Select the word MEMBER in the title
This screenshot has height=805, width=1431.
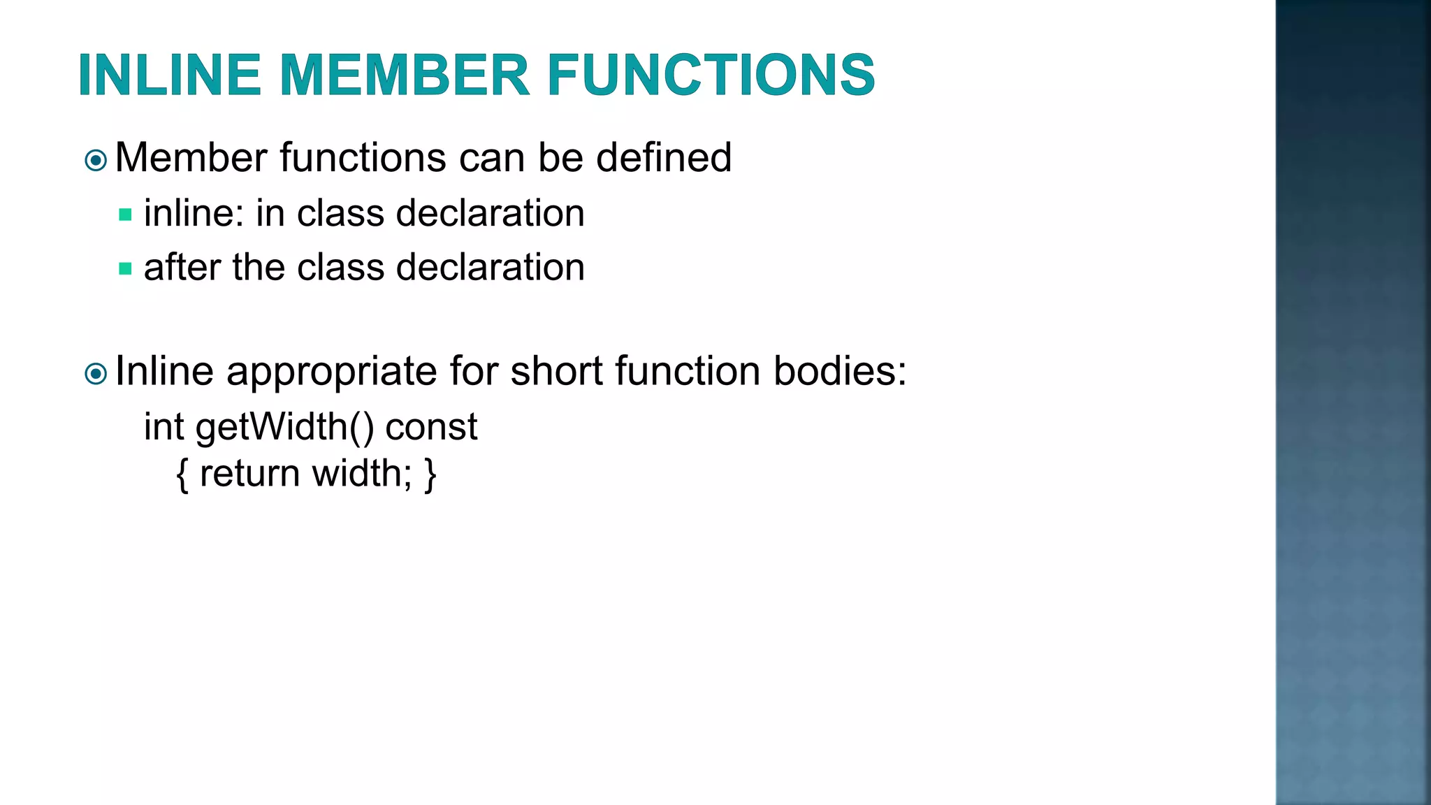click(405, 75)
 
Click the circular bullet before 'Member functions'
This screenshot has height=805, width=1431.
click(96, 161)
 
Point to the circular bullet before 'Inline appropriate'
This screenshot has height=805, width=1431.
click(96, 374)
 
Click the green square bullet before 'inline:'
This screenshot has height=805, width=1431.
click(126, 215)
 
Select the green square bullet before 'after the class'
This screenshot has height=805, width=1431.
click(126, 268)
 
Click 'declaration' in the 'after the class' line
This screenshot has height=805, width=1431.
click(490, 267)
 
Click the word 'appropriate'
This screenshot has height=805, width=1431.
click(331, 371)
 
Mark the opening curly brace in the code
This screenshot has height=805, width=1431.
click(182, 474)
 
